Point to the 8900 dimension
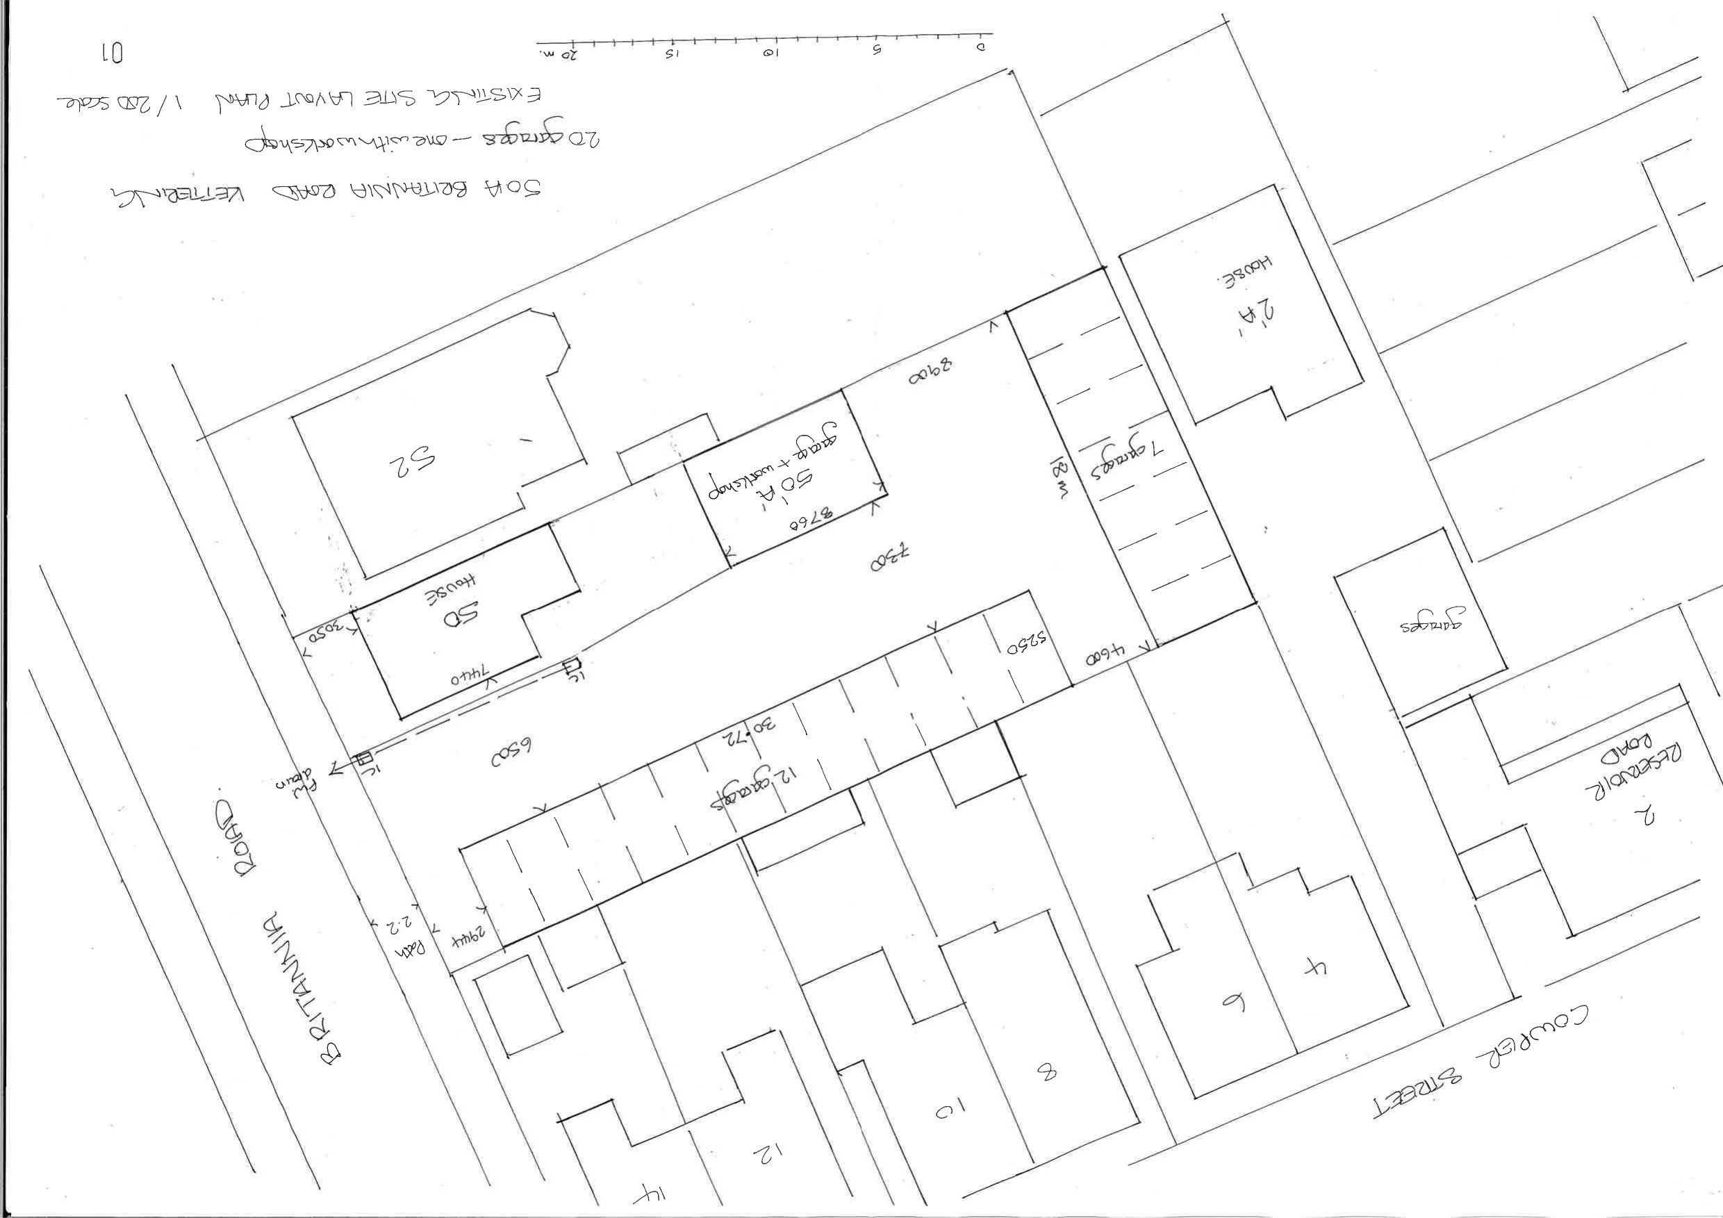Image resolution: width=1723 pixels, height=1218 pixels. [930, 372]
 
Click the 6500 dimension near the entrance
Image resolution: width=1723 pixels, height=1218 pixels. [512, 757]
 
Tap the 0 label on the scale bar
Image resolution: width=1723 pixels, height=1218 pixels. [980, 47]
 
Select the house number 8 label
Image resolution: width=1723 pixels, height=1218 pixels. [1047, 1074]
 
